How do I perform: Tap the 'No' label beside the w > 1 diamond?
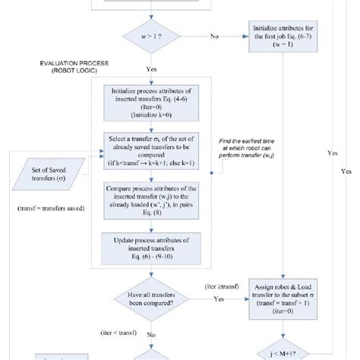point(214,35)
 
